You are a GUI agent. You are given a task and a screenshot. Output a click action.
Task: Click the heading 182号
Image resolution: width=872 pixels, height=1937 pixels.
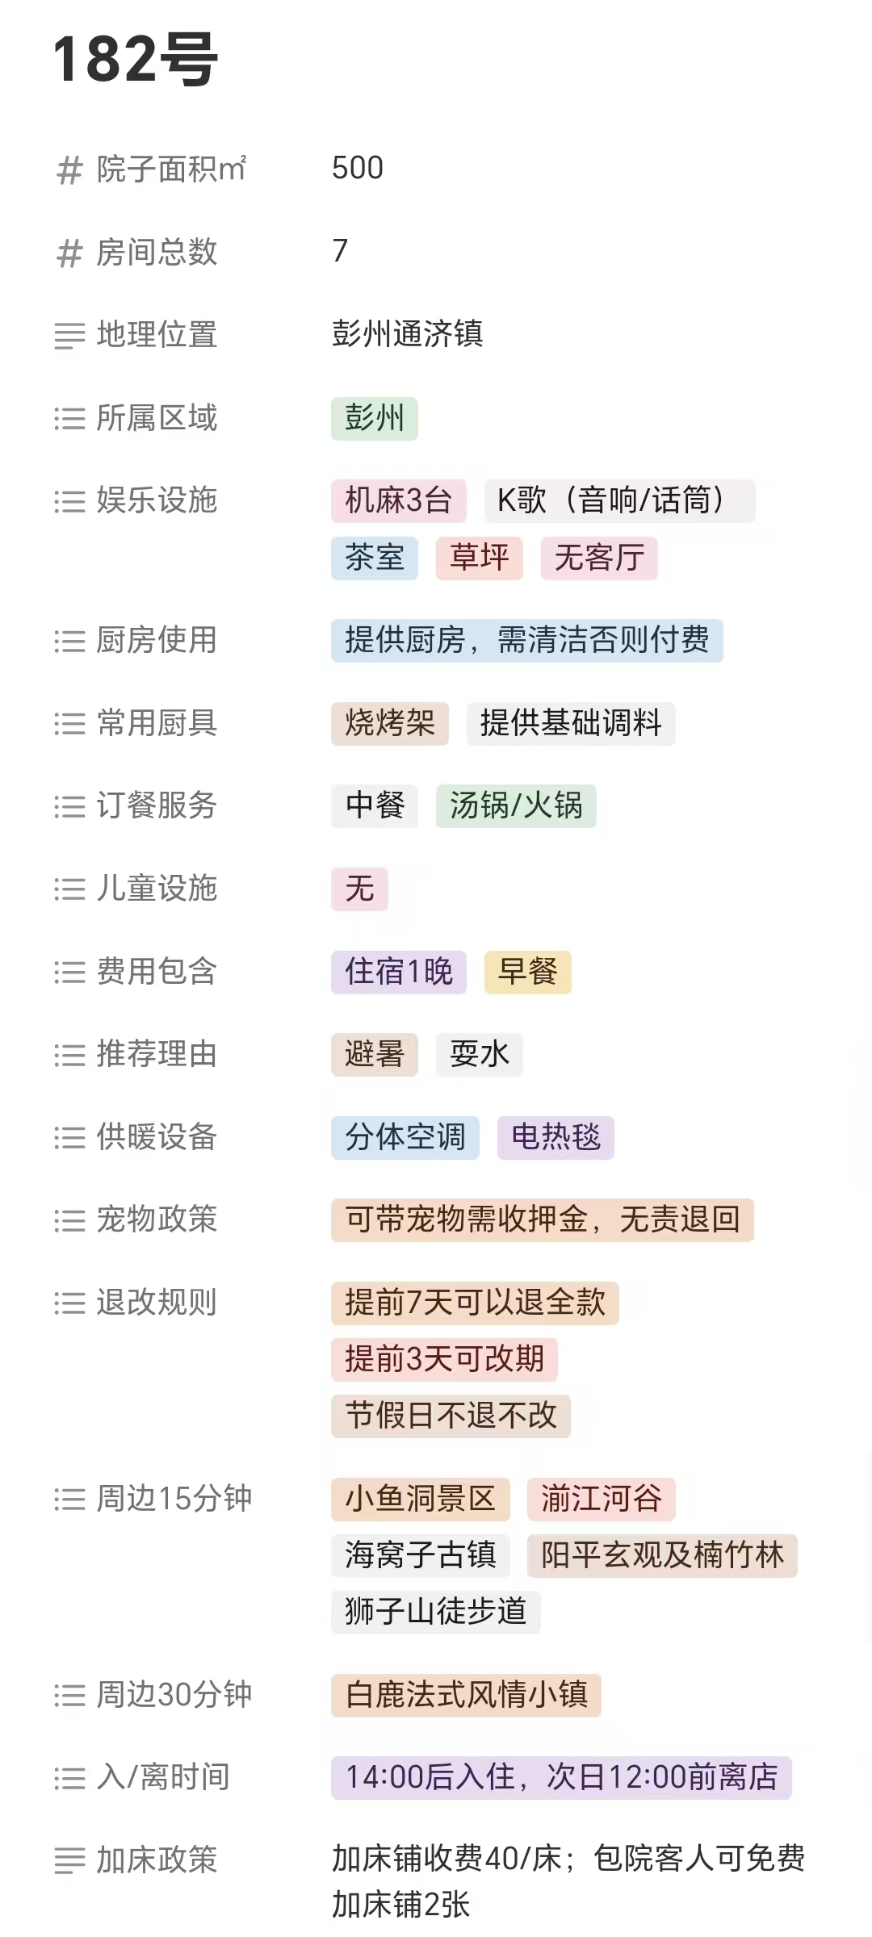click(135, 59)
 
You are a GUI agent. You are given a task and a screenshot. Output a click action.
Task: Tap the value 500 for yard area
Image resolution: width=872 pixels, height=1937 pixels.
click(358, 168)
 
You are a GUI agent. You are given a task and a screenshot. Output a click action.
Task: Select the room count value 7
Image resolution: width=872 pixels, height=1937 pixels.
click(340, 251)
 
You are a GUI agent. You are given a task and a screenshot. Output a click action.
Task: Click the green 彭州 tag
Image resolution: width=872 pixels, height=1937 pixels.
click(374, 418)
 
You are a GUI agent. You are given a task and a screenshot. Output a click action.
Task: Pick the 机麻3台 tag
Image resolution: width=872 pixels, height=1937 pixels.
click(398, 500)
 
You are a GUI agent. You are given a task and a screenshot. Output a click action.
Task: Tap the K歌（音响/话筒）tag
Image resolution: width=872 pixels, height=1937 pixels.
click(619, 500)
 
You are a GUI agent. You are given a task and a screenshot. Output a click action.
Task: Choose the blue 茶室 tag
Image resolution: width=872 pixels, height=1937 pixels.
click(374, 558)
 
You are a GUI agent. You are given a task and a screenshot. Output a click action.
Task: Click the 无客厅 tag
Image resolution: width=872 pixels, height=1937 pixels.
click(599, 558)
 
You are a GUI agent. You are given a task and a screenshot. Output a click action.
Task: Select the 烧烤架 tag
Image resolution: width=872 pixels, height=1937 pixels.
click(389, 723)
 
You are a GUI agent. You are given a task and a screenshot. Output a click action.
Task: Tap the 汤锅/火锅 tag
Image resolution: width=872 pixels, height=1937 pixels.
click(516, 805)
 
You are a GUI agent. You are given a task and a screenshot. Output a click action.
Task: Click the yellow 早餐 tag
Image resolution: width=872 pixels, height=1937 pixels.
click(527, 972)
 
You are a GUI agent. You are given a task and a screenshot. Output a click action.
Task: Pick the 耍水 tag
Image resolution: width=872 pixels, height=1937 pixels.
click(480, 1054)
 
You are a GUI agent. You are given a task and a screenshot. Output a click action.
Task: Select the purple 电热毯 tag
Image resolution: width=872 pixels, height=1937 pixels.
click(555, 1137)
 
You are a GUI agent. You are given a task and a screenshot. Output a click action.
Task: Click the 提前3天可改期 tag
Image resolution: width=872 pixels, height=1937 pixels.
click(444, 1359)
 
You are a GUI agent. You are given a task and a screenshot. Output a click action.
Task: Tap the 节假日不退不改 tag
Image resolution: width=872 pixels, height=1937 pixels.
click(451, 1416)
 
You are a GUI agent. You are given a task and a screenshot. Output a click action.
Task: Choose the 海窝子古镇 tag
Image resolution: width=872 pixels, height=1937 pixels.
click(420, 1555)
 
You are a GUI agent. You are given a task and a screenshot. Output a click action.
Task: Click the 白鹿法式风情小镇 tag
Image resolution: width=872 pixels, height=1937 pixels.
click(466, 1695)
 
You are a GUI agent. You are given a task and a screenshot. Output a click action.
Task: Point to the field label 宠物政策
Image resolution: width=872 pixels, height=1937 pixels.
click(157, 1220)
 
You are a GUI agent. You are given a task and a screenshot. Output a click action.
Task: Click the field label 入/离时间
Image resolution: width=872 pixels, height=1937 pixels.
click(163, 1778)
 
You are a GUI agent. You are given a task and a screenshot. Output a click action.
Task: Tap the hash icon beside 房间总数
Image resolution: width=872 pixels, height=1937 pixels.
click(69, 253)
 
